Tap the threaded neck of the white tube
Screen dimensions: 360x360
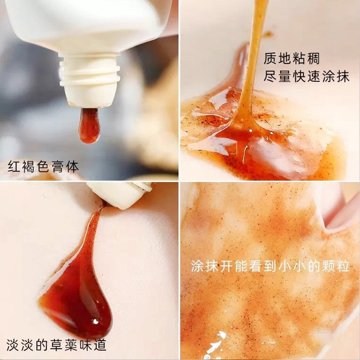point(89,70)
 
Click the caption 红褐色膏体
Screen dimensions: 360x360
point(43,166)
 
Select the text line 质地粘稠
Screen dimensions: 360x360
point(292,58)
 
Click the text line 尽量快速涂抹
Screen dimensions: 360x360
point(306,76)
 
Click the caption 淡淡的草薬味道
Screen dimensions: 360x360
point(57,344)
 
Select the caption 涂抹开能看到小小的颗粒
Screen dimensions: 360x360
point(270,265)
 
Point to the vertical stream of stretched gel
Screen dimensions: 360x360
point(252,60)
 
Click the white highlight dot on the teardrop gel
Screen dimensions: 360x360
point(95,321)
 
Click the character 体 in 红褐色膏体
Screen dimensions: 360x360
point(72,166)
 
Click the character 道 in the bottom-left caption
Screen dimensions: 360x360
point(100,344)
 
